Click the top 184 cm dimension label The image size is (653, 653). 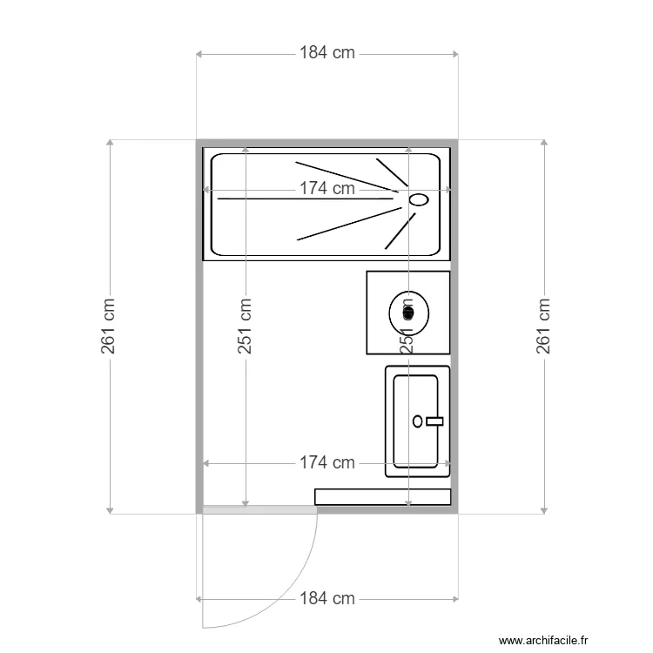pos(327,53)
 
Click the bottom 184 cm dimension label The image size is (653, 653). pos(327,599)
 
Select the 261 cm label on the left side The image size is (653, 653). pos(109,326)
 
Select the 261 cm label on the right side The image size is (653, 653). pos(544,326)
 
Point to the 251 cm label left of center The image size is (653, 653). pos(246,326)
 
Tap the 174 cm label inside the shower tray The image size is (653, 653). pos(327,188)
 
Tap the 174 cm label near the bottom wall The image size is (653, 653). pos(327,463)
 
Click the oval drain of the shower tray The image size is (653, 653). pos(420,199)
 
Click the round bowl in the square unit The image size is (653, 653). pos(408,310)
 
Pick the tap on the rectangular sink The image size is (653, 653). pos(434,421)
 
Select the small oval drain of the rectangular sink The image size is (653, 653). pos(418,421)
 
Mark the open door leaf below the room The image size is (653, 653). pos(203,570)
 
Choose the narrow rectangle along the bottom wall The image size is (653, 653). pos(383,496)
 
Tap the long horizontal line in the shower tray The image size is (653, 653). pos(305,199)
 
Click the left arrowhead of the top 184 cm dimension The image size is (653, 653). pos(199,54)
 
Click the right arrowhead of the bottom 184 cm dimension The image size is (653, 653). pos(455,599)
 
